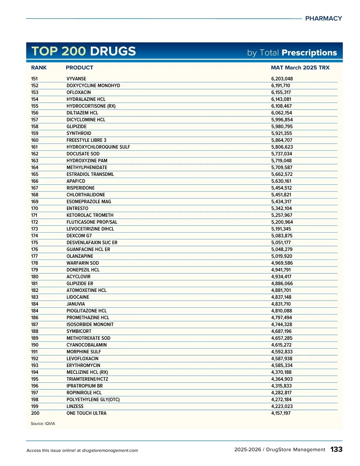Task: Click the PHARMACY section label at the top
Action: point(323,19)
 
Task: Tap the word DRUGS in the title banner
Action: point(113,51)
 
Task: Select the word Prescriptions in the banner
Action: point(309,53)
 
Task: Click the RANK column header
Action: point(39,68)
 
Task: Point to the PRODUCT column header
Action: point(79,68)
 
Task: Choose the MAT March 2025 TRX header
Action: point(300,68)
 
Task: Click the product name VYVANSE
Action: point(76,79)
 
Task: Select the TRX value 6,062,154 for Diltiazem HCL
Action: point(281,113)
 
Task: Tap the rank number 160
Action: point(35,140)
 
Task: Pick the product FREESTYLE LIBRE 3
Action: point(86,140)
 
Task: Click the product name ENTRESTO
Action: point(77,209)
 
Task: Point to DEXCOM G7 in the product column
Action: point(79,236)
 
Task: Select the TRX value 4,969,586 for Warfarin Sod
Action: point(282,263)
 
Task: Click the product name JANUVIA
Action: point(76,304)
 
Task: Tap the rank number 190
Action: point(35,345)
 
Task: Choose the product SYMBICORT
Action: point(79,331)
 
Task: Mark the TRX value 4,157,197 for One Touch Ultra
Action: point(281,413)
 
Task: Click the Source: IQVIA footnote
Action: point(43,424)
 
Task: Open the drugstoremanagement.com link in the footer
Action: point(110,450)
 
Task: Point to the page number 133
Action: point(336,449)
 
